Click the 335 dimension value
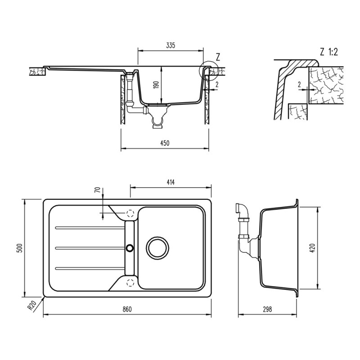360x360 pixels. (170, 45)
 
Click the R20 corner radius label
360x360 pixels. (31, 306)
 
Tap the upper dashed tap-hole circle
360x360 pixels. (131, 213)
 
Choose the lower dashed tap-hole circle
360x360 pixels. (131, 282)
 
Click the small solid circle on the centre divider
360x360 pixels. (130, 247)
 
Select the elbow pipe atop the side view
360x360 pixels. (242, 209)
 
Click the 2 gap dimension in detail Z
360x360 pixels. (299, 84)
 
